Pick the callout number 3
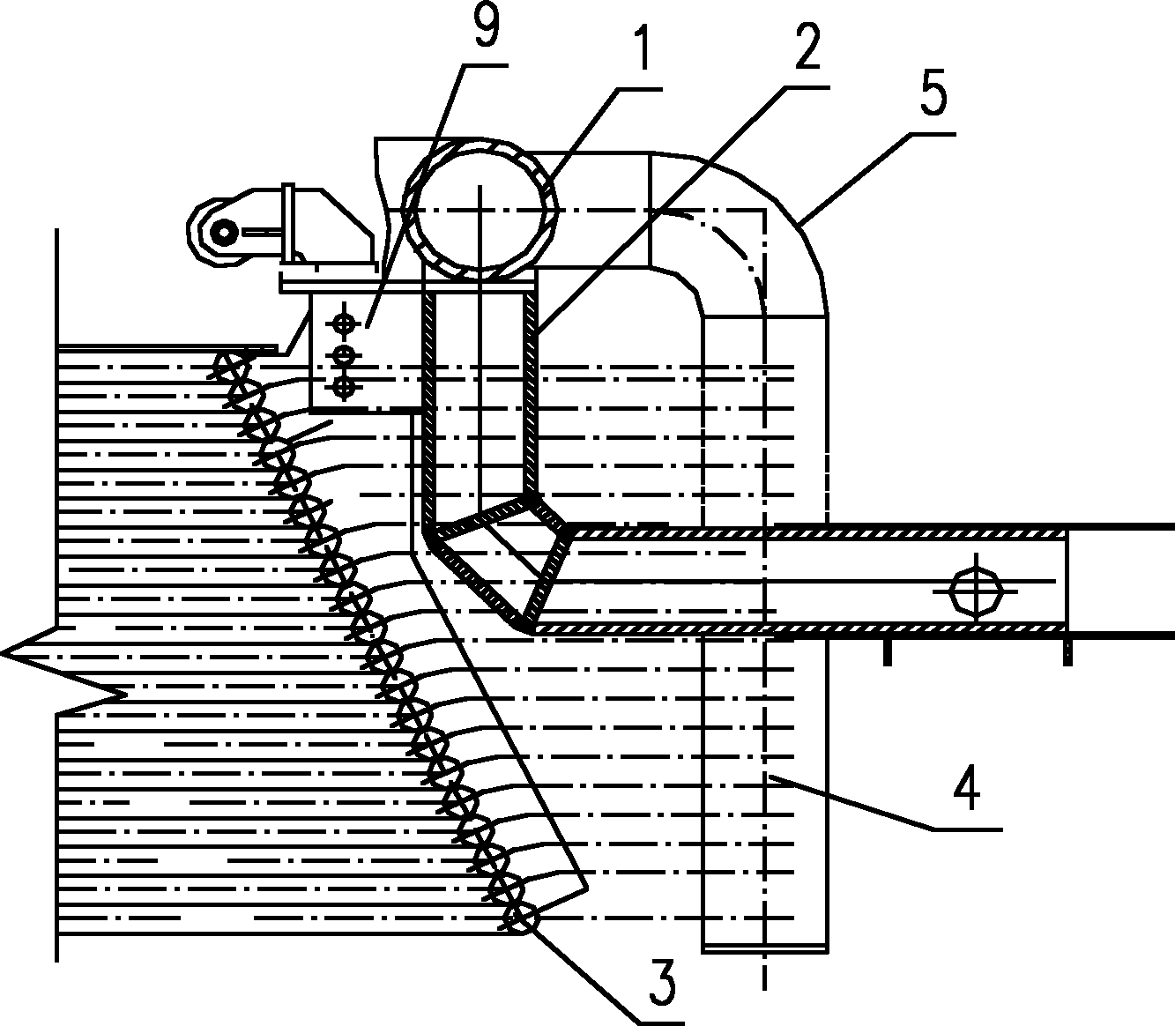point(663,985)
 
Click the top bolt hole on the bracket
point(345,323)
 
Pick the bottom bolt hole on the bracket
point(345,386)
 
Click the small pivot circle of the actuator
point(225,231)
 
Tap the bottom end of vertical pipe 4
point(765,948)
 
